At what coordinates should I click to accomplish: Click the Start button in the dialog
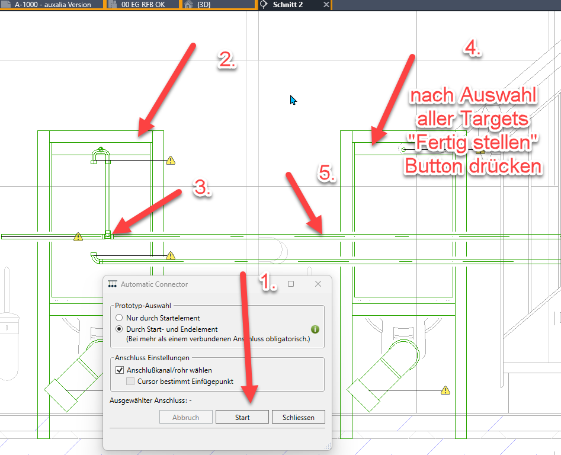click(242, 417)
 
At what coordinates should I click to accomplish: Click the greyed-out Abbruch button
click(185, 417)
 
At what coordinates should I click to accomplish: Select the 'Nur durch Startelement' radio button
click(119, 318)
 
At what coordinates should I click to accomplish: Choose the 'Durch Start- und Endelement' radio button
click(119, 329)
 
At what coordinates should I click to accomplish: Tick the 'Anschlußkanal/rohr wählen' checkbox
click(120, 370)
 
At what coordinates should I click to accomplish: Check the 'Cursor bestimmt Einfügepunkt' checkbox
click(130, 382)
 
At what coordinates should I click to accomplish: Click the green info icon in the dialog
click(315, 329)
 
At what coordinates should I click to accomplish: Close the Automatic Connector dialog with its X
click(318, 284)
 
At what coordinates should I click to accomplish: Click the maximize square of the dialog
click(291, 284)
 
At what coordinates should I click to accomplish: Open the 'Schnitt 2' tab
click(288, 5)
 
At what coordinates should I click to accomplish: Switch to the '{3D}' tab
click(204, 5)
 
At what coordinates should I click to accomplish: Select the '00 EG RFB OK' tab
click(143, 5)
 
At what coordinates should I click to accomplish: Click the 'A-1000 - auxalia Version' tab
click(53, 5)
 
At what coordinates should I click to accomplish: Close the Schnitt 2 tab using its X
click(326, 5)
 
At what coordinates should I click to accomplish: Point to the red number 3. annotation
click(203, 187)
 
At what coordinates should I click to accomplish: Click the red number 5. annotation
click(326, 173)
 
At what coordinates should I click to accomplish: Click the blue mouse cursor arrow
click(293, 100)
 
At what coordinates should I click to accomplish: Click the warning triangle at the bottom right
click(445, 390)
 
